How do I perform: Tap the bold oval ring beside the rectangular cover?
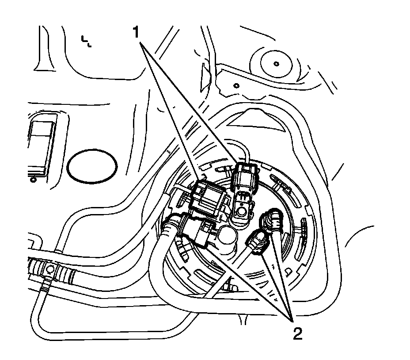pyautogui.click(x=93, y=165)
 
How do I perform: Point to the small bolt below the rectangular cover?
pyautogui.click(x=32, y=180)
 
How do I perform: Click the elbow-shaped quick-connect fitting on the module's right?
pyautogui.click(x=272, y=220)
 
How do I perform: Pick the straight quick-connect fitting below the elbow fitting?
pyautogui.click(x=257, y=242)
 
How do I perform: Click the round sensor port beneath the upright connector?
pyautogui.click(x=242, y=212)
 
